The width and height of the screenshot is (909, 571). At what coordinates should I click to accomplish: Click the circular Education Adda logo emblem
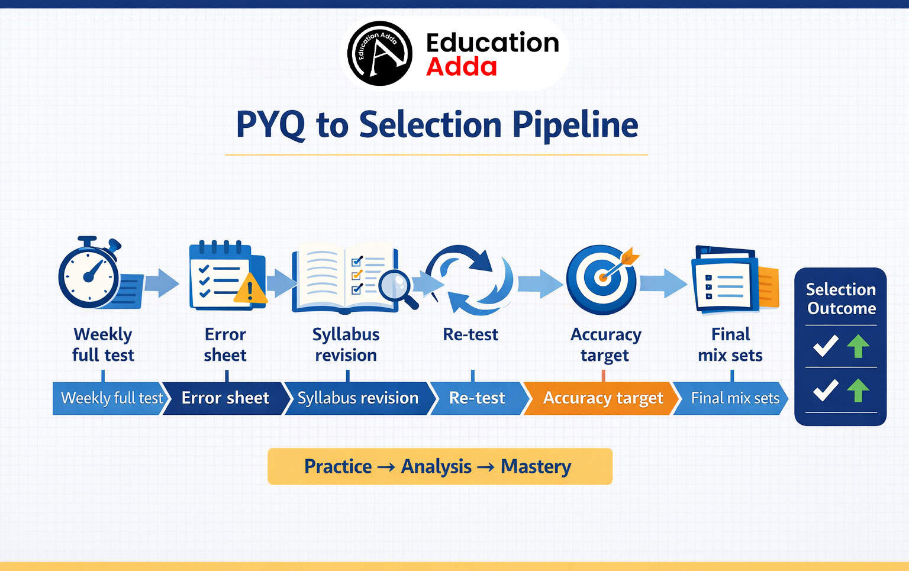[x=379, y=53]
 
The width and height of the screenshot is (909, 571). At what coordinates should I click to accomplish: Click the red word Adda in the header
[x=461, y=67]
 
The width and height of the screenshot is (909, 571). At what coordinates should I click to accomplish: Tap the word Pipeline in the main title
[x=575, y=125]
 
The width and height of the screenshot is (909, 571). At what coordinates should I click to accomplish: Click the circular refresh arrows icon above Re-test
[x=470, y=279]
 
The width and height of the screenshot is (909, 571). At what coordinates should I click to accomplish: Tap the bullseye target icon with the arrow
[x=601, y=279]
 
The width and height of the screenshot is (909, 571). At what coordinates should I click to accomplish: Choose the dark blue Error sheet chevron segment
[x=225, y=398]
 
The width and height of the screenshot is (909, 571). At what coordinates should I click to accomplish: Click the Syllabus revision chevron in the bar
[x=357, y=398]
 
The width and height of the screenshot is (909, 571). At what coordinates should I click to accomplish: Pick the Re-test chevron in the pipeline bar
[x=476, y=398]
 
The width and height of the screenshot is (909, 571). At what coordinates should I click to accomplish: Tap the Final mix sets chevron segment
[x=734, y=398]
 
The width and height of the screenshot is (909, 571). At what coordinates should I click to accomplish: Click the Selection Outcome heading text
[x=840, y=299]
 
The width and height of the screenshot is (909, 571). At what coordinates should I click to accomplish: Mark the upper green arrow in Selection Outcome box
[x=858, y=346]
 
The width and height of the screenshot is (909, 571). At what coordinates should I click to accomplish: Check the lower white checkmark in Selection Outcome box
[x=825, y=390]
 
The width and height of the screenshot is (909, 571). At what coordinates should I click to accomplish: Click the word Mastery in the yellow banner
[x=536, y=466]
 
